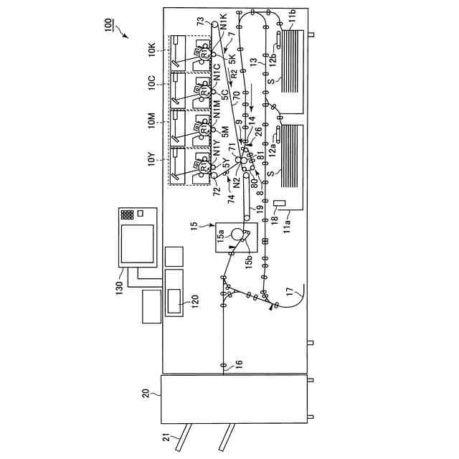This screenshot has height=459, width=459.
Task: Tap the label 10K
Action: coord(151,50)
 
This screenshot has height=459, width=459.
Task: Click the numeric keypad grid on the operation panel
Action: coord(127,214)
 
